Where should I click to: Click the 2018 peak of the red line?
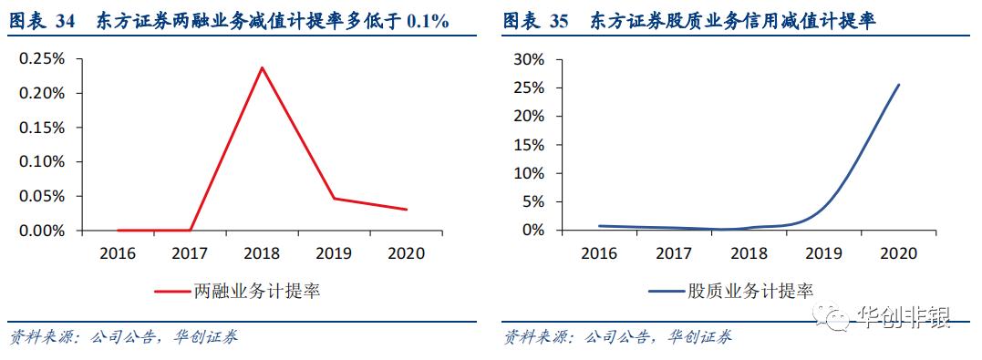263,67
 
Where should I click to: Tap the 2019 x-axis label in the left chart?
335,252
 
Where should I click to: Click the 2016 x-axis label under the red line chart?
117,252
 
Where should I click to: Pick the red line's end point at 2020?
407,210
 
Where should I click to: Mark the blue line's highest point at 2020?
899,85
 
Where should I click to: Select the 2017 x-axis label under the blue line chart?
674,252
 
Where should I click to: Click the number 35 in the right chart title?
559,22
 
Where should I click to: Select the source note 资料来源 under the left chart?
42,338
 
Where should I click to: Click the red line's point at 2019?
335,198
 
